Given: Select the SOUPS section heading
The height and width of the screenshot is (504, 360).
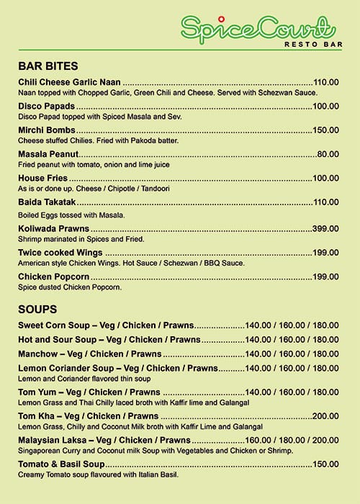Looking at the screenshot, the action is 38,309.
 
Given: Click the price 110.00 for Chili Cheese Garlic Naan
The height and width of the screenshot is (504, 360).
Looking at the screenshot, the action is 325,82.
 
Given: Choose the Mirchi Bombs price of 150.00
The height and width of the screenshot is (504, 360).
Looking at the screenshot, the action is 325,130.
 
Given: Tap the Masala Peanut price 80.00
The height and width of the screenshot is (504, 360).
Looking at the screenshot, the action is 328,154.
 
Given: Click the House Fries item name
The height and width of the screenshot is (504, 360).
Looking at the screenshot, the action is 42,178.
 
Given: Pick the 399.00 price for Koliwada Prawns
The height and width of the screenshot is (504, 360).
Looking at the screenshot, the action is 325,228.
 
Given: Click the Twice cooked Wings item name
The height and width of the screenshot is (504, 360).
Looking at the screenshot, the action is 60,253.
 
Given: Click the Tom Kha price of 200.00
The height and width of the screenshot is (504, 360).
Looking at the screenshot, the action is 325,416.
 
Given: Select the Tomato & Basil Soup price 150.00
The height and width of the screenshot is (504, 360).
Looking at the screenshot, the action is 325,464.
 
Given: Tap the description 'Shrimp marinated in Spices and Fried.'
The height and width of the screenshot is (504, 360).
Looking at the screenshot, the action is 81,239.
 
